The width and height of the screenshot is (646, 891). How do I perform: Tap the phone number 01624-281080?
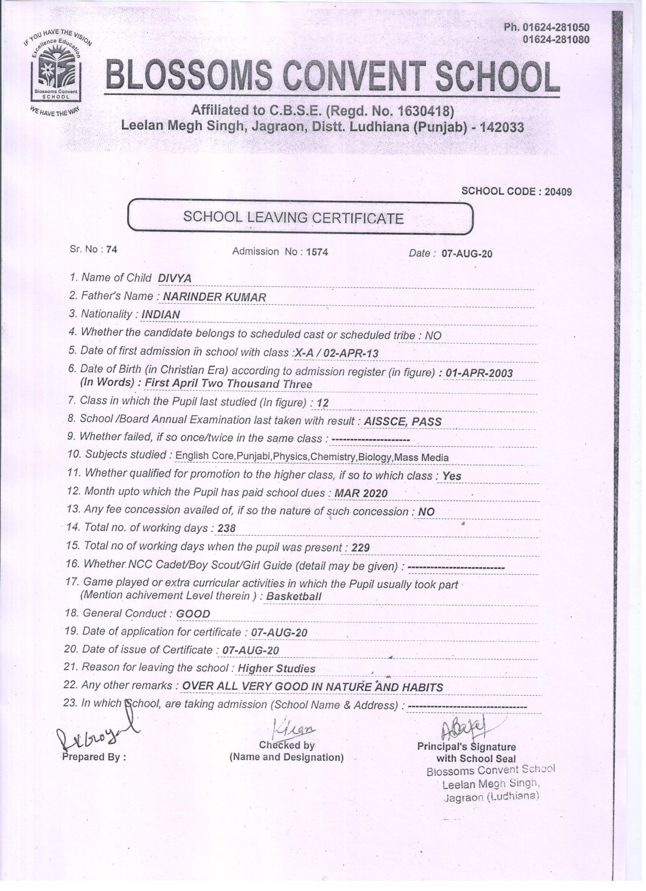point(556,40)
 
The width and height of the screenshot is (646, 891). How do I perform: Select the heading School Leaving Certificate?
point(293,218)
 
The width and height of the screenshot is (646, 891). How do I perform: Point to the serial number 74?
point(112,250)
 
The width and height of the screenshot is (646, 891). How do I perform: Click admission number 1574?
point(317,252)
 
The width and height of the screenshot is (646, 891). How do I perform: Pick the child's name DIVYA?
point(175,279)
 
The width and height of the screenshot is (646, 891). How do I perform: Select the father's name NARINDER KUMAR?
point(214,297)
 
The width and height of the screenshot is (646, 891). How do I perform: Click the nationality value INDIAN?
point(161,315)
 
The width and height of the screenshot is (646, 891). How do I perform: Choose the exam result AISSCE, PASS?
point(403,421)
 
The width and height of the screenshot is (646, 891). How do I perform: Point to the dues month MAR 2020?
point(360,494)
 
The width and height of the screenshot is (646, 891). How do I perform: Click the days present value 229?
point(360,548)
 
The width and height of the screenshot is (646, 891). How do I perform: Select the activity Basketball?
point(294,596)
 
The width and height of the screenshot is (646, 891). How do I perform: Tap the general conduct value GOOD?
point(193,614)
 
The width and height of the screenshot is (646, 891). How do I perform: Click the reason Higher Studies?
point(277,669)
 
